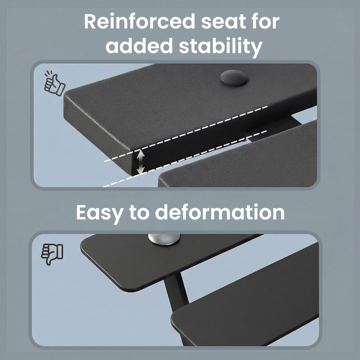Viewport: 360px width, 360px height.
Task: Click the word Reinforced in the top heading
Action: tap(139, 21)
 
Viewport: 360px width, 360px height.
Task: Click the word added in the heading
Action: tap(139, 45)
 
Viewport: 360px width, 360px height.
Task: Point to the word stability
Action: tap(220, 47)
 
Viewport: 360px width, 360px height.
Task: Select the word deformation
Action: tap(220, 212)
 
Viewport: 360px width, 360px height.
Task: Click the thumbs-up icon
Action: tap(54, 83)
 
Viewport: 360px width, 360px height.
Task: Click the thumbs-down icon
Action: tap(52, 254)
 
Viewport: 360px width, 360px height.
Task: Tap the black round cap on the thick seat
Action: tap(234, 78)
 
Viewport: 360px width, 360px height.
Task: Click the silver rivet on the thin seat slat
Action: tap(164, 239)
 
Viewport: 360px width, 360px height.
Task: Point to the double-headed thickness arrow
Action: tap(140, 162)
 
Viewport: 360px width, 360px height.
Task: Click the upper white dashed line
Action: tap(186, 134)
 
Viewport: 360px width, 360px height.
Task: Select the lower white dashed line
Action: tap(185, 159)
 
